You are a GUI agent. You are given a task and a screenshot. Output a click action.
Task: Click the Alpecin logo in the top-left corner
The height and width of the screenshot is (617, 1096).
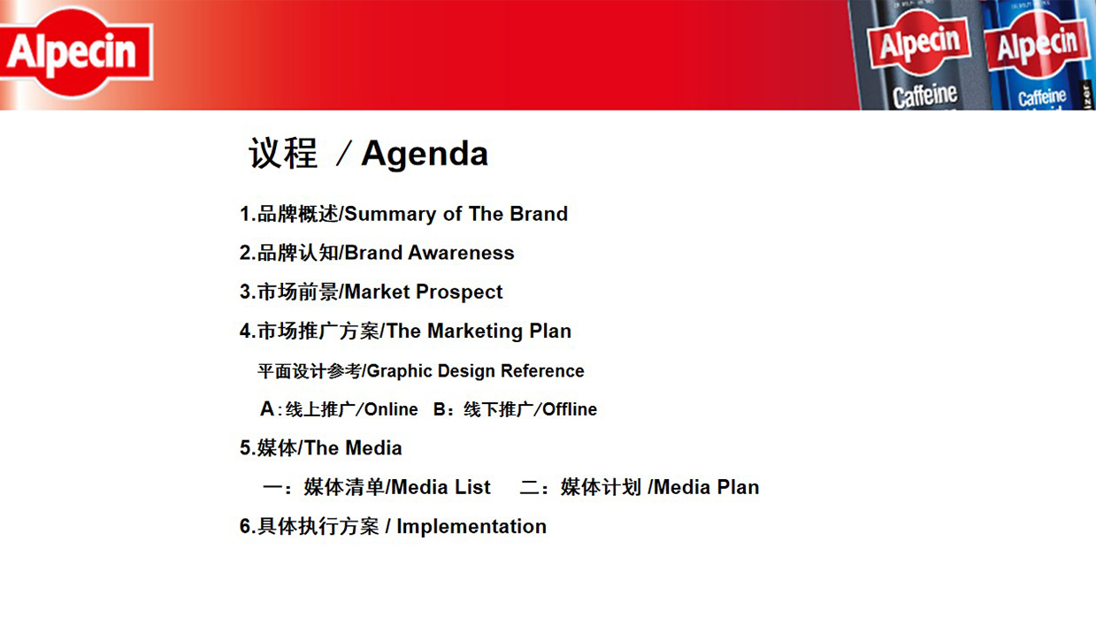(76, 52)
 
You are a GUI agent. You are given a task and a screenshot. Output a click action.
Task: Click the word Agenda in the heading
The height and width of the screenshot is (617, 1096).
(425, 155)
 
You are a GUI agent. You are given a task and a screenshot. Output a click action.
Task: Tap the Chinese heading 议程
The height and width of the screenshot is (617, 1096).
(283, 154)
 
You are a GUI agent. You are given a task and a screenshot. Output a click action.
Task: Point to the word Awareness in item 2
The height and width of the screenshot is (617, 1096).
(461, 253)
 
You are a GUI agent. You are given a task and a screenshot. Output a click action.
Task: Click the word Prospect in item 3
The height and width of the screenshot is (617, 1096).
(459, 293)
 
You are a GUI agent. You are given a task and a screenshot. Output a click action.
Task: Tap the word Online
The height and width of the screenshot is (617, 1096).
(391, 409)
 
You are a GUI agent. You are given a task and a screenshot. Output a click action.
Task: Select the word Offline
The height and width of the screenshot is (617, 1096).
(570, 409)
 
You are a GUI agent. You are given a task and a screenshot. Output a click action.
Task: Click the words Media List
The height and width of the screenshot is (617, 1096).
(441, 487)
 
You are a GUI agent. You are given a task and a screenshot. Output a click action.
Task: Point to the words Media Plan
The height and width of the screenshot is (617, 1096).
(707, 487)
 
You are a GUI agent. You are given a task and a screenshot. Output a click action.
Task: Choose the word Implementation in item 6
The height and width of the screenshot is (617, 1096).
(471, 527)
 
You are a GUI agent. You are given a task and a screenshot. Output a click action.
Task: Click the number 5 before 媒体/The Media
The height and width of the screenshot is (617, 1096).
(245, 448)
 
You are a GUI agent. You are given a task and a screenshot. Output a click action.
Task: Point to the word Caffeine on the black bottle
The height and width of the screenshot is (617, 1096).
(924, 95)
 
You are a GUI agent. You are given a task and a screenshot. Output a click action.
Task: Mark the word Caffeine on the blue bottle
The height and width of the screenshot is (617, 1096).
(1042, 97)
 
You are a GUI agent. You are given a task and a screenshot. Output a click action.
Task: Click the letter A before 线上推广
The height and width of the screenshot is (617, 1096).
(267, 408)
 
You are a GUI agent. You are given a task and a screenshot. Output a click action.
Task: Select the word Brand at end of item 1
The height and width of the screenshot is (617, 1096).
(539, 214)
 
